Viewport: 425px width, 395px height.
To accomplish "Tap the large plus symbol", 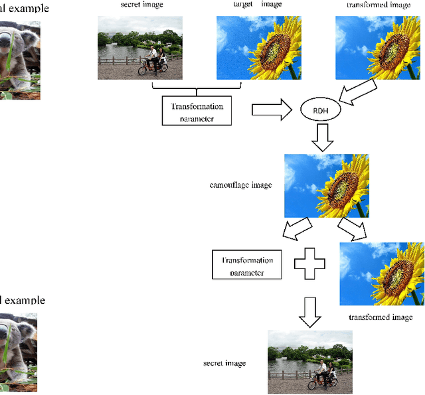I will [309, 264].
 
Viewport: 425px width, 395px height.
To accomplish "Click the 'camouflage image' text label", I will [240, 185].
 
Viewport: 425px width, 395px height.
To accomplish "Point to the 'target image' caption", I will [257, 5].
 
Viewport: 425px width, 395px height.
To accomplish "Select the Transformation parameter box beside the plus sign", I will [247, 265].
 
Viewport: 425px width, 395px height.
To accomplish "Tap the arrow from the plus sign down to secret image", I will [309, 311].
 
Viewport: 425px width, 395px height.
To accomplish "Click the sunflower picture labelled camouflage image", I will [326, 186].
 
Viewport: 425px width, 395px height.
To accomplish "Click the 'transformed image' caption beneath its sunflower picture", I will [381, 317].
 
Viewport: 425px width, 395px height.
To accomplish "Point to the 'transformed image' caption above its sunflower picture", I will [379, 5].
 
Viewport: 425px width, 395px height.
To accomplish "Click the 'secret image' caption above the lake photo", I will [142, 5].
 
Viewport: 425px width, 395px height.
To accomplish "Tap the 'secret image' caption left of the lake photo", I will [224, 363].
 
